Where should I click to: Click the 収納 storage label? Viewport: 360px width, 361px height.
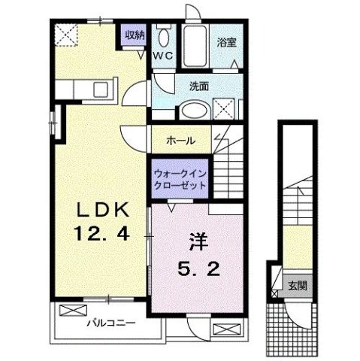pos(135,35)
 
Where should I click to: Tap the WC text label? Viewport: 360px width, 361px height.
pos(163,56)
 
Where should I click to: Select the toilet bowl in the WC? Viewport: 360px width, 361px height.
pos(164,38)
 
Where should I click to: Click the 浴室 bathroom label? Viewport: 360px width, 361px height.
pos(227,42)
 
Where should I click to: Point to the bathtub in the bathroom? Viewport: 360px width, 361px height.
pos(195,46)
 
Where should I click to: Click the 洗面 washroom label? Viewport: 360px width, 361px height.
pos(199,86)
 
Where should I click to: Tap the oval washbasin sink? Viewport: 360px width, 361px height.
pos(195,111)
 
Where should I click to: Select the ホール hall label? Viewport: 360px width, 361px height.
pos(181,141)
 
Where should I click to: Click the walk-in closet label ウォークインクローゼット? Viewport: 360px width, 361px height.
pos(180,180)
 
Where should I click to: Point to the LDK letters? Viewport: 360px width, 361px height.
pos(103,210)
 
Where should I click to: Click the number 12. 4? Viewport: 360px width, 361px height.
pos(102,233)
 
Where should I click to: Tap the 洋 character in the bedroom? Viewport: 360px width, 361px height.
pos(199,241)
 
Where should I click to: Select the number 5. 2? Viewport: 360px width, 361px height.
pos(199,268)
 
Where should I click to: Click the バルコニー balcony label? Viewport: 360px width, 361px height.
pos(111,323)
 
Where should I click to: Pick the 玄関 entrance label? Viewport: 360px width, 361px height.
pos(298,286)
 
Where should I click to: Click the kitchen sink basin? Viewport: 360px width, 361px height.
pos(101,89)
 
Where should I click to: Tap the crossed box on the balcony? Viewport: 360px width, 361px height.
pos(73,311)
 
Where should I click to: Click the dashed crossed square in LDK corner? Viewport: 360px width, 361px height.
pos(66,35)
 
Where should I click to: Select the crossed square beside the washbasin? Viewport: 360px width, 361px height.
pos(224,109)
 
